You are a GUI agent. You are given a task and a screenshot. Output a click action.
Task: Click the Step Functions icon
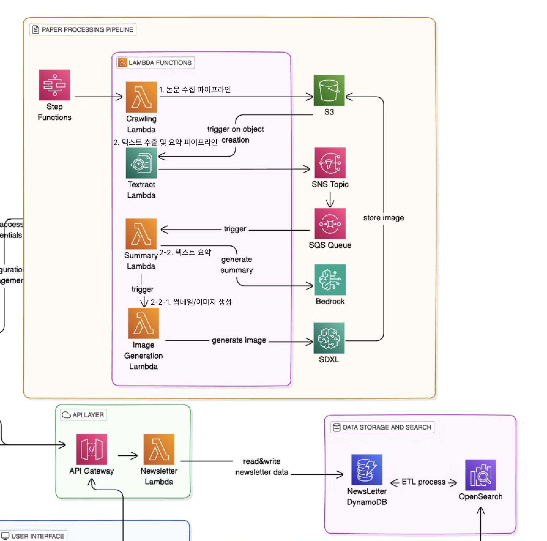(54, 85)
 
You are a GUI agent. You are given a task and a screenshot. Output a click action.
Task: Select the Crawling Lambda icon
(141, 97)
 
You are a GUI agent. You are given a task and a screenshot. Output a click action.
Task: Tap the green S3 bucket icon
(329, 91)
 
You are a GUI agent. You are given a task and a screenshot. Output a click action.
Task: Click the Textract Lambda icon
(141, 163)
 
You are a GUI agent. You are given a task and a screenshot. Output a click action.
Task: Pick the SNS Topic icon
(330, 163)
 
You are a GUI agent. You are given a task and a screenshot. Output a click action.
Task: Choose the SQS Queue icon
(330, 224)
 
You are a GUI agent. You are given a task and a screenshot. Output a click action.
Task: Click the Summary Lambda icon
(141, 234)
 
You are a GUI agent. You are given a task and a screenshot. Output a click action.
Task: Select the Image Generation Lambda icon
(143, 323)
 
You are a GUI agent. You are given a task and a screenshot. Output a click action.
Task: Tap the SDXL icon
(329, 338)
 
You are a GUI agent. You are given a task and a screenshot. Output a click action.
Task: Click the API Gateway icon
(91, 449)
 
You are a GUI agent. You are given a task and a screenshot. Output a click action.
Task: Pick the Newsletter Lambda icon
(159, 449)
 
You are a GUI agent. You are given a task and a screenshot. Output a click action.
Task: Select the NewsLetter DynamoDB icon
(367, 470)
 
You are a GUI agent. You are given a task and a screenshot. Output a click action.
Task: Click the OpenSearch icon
(480, 475)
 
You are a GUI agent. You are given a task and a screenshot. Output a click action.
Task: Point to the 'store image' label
(384, 218)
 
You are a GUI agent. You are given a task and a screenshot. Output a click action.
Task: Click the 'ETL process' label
(423, 482)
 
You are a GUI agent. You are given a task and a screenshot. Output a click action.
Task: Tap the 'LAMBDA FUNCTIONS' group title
(160, 63)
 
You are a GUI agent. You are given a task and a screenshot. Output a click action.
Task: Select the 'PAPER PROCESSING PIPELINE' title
(87, 30)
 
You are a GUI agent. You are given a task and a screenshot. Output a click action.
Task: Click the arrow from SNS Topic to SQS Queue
(330, 200)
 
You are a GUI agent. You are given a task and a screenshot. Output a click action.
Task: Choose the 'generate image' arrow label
(239, 340)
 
